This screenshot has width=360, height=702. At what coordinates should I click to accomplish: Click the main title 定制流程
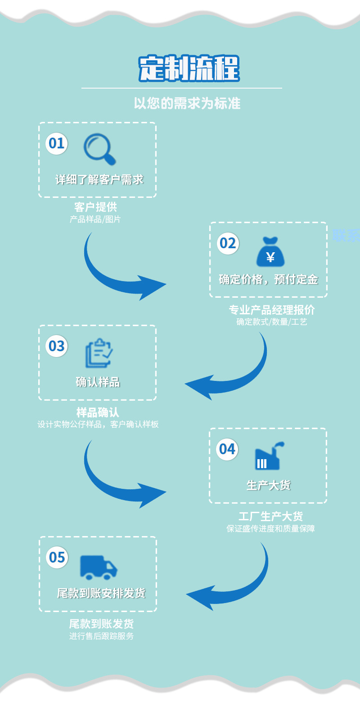(x=189, y=69)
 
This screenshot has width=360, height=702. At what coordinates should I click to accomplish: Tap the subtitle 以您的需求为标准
(x=187, y=103)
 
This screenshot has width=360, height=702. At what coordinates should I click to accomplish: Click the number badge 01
(x=57, y=143)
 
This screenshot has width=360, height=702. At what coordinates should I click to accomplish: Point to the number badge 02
(x=228, y=243)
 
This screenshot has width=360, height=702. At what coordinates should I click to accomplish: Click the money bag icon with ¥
(x=270, y=251)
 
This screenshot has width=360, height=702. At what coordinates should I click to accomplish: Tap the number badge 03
(x=57, y=346)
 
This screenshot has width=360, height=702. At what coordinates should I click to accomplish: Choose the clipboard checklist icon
(x=99, y=353)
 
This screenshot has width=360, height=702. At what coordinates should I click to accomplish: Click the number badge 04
(x=227, y=449)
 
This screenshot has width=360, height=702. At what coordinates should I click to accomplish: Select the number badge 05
(x=57, y=557)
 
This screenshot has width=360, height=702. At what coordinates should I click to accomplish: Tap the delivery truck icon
(x=99, y=567)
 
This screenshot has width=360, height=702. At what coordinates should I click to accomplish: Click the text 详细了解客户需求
(x=99, y=180)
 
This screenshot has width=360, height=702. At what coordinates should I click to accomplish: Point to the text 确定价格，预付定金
(x=268, y=279)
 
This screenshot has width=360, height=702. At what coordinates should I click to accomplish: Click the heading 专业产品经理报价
(x=272, y=310)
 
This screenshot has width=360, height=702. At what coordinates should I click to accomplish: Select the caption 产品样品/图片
(x=95, y=219)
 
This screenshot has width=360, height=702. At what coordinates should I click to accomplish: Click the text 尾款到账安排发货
(x=101, y=593)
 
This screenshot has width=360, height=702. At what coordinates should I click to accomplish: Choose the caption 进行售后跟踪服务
(x=101, y=636)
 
